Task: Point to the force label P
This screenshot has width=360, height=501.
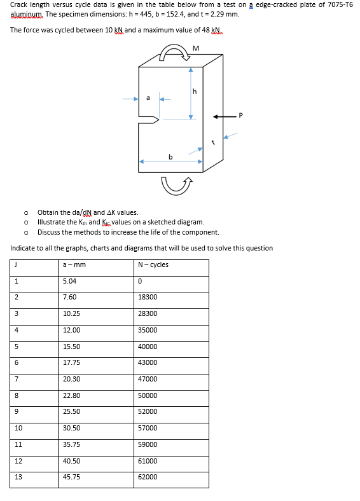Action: click(x=240, y=116)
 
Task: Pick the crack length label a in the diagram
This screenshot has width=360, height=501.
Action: click(x=148, y=97)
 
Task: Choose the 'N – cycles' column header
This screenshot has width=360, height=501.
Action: click(x=153, y=264)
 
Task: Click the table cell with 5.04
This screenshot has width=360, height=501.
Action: click(x=69, y=281)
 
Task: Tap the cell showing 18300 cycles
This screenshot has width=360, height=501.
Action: click(x=147, y=297)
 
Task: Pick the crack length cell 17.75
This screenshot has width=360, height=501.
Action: click(x=71, y=362)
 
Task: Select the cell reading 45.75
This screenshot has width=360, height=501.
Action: click(x=71, y=477)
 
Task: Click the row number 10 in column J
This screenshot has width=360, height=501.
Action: click(x=18, y=428)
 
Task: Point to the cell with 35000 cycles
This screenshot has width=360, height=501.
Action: click(x=147, y=330)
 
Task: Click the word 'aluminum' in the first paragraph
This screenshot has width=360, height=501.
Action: click(x=25, y=13)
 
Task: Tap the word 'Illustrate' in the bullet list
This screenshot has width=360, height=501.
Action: click(x=50, y=222)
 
